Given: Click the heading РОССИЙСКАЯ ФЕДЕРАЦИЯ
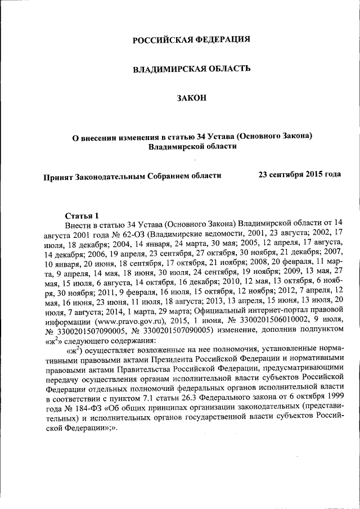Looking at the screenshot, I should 191,40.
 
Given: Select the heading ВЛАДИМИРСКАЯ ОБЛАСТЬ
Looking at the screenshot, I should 191,69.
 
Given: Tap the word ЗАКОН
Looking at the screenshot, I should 192,98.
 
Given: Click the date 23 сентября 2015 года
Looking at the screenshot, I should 299,174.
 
